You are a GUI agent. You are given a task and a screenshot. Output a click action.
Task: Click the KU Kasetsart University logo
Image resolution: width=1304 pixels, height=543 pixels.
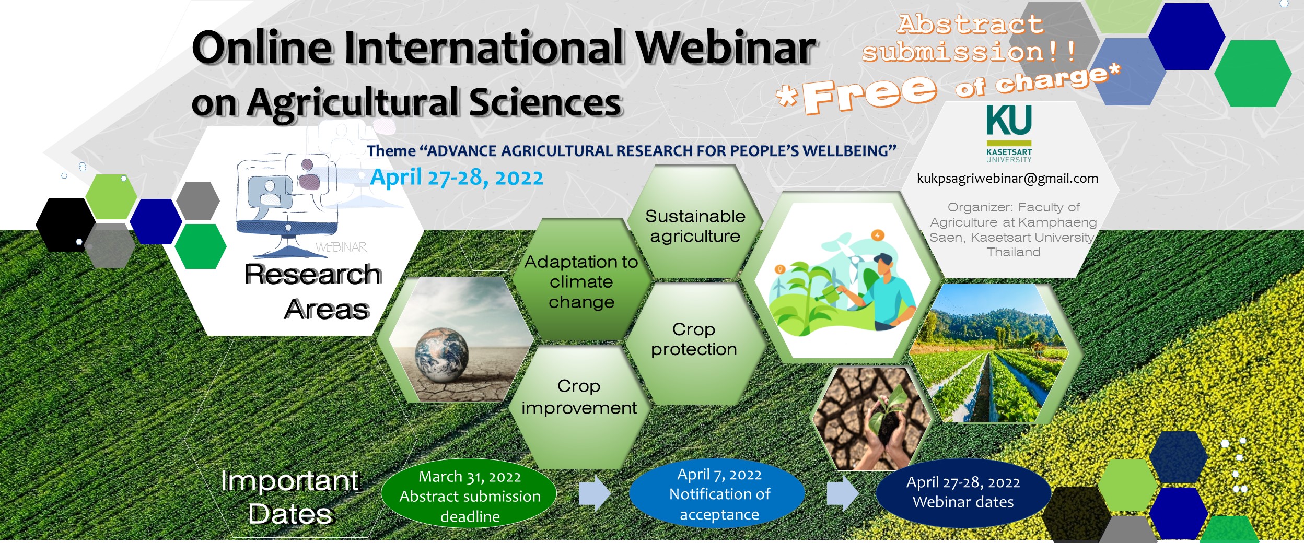click(x=1009, y=134)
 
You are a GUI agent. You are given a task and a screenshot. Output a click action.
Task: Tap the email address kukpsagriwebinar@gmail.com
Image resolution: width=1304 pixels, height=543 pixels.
click(x=1007, y=179)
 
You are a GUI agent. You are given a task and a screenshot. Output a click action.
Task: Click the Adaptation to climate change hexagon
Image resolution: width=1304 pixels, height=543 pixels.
click(x=581, y=281)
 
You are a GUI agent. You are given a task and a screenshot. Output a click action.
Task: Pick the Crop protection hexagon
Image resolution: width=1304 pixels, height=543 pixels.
click(x=694, y=342)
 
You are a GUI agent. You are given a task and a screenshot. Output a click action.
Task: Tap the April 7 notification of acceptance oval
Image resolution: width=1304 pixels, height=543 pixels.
click(x=717, y=493)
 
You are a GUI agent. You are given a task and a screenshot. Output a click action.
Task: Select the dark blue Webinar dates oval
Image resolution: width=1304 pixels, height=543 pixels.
click(x=963, y=492)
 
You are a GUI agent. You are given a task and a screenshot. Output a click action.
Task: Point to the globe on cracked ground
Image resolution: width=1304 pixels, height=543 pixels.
click(x=441, y=355)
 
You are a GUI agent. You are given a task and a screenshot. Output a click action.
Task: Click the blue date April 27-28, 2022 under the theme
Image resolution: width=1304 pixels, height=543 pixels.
click(x=457, y=178)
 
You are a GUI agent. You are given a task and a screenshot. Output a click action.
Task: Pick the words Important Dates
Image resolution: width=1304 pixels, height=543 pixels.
click(x=290, y=497)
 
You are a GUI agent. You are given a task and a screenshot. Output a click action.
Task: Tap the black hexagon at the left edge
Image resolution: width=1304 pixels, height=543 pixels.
click(x=65, y=225)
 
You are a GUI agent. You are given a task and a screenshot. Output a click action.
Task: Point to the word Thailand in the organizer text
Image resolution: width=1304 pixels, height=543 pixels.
click(x=1014, y=252)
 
